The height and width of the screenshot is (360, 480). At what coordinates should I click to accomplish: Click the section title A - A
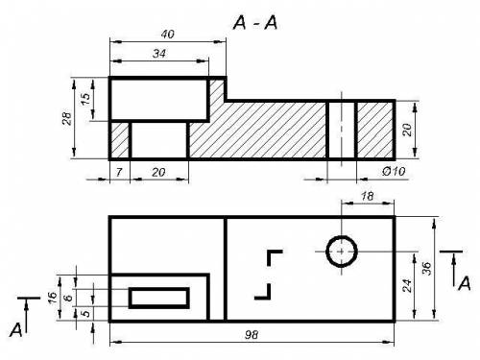coord(255,23)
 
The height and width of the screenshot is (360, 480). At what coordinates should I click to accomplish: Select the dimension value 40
coord(167,35)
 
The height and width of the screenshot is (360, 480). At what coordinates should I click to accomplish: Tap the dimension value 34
coord(159,54)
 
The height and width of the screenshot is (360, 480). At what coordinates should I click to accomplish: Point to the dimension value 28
coord(67,118)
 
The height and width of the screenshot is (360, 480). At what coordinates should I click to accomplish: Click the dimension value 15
coord(85,99)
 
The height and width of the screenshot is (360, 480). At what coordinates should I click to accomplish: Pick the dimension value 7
coord(119,173)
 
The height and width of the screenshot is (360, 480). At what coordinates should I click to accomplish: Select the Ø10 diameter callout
coord(394,172)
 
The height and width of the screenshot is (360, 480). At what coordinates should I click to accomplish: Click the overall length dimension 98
coord(252,335)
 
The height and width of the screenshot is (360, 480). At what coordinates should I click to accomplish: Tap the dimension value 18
coord(367,196)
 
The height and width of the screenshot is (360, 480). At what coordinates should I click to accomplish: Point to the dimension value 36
coord(427,268)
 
